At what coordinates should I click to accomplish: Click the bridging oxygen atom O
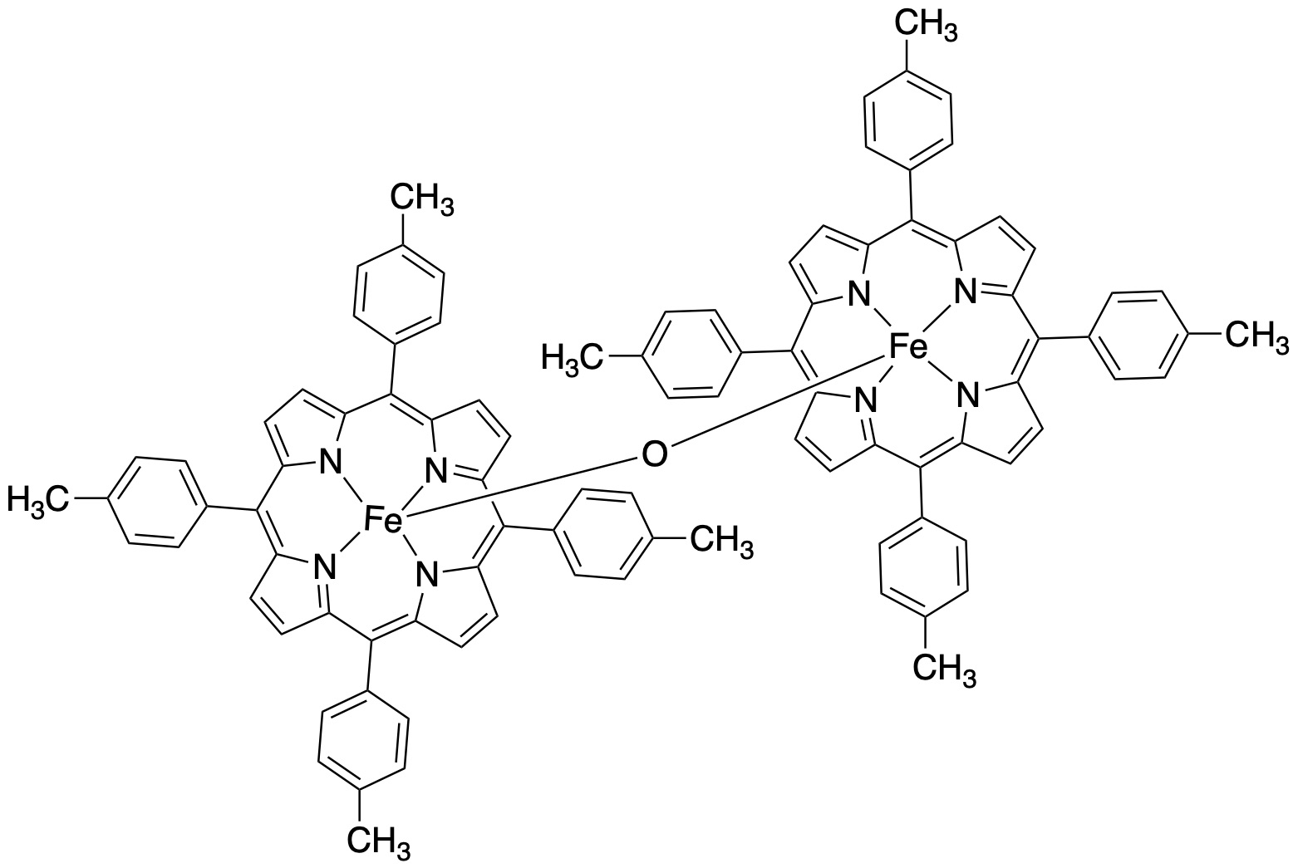coord(654,454)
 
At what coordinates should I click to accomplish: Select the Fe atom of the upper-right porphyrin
coord(908,347)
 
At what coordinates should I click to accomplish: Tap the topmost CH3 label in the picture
coord(926,26)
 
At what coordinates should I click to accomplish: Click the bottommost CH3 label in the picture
coord(379,841)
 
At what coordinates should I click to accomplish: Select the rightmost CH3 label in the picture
coord(1257,336)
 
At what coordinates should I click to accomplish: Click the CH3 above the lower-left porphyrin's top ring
coord(421,199)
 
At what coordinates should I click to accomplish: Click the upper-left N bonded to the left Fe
coord(330,462)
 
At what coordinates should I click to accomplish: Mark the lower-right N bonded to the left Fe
coord(426,576)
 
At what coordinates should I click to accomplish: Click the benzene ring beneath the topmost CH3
coord(908,120)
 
